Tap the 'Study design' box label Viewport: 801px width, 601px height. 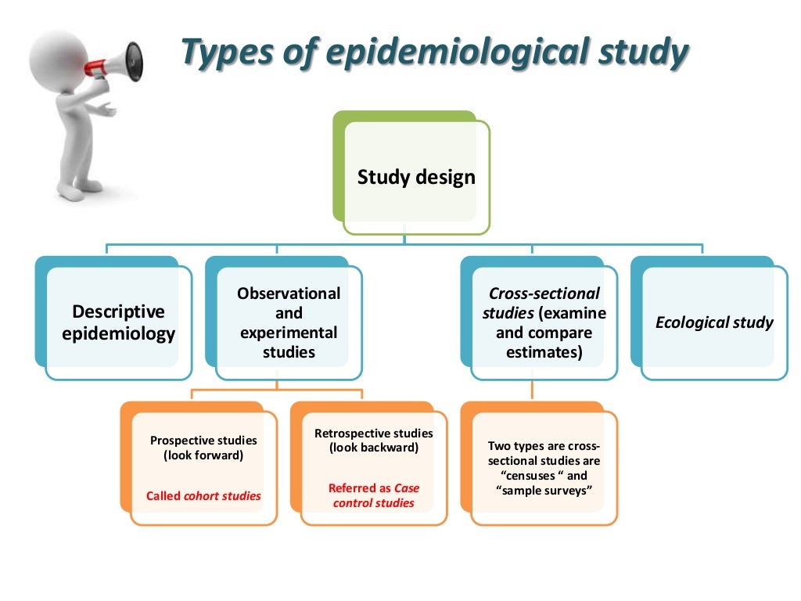tap(416, 178)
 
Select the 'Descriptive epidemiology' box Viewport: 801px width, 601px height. tap(118, 322)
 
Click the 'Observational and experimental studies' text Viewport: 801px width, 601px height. tap(289, 322)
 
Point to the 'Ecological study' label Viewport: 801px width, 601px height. tap(713, 322)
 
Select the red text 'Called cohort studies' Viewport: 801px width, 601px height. tap(203, 496)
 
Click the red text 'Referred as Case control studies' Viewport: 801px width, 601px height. tap(373, 495)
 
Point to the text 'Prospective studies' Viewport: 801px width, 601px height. tap(203, 441)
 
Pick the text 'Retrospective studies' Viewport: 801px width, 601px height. tap(373, 433)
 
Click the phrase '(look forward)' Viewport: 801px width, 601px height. tap(203, 455)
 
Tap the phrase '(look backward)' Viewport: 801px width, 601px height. tap(373, 448)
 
